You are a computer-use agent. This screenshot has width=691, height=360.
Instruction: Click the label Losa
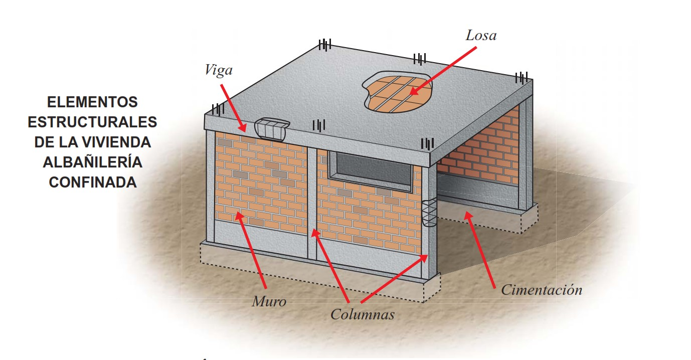click(480, 35)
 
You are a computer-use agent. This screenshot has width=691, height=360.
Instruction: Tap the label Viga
click(219, 70)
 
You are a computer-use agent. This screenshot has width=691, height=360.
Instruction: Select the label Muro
click(269, 301)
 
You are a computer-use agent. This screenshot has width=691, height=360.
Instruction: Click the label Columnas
click(362, 314)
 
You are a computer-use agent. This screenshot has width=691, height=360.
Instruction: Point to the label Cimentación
click(542, 290)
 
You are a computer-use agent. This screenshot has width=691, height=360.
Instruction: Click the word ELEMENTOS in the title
click(92, 102)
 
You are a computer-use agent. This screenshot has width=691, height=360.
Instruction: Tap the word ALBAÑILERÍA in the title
click(92, 162)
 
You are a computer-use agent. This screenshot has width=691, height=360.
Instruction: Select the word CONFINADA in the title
click(92, 183)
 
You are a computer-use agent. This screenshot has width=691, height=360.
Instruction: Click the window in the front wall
click(372, 169)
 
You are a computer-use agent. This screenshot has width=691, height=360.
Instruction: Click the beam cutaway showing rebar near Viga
click(272, 129)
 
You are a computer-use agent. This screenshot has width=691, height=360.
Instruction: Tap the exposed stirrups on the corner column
click(429, 214)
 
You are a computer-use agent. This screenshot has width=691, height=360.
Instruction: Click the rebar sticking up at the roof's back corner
click(325, 46)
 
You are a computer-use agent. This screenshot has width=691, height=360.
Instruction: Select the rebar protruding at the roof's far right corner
click(522, 78)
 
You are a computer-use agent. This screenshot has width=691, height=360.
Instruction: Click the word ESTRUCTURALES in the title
click(92, 122)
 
